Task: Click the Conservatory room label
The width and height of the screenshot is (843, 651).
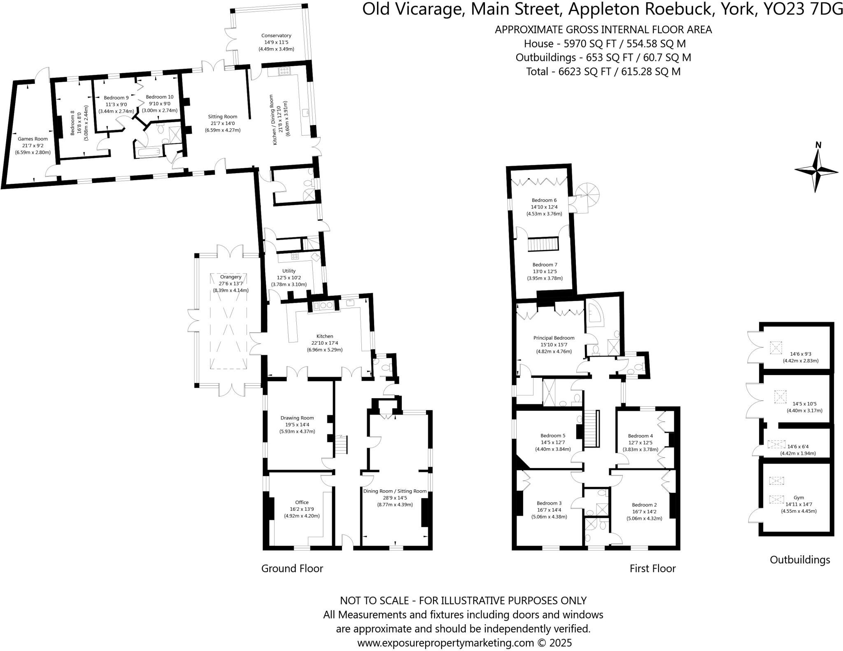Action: click(276, 36)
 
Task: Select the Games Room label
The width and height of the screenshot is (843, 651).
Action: click(33, 139)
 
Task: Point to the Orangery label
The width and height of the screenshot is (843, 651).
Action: click(231, 277)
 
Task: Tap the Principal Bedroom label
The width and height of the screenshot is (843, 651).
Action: click(554, 338)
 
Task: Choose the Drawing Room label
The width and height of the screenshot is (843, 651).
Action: click(297, 418)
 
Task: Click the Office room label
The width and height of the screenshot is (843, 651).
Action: click(301, 502)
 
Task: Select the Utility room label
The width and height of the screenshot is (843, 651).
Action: click(289, 271)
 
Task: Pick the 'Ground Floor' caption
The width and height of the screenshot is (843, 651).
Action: click(292, 568)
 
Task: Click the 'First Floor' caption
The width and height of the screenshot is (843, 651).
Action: click(652, 568)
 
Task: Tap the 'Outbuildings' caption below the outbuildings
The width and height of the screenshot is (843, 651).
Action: click(799, 560)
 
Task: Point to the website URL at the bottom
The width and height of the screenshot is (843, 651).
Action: click(464, 642)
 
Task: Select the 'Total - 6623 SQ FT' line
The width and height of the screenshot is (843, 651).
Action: click(603, 72)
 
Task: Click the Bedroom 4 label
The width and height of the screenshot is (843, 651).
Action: click(640, 436)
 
